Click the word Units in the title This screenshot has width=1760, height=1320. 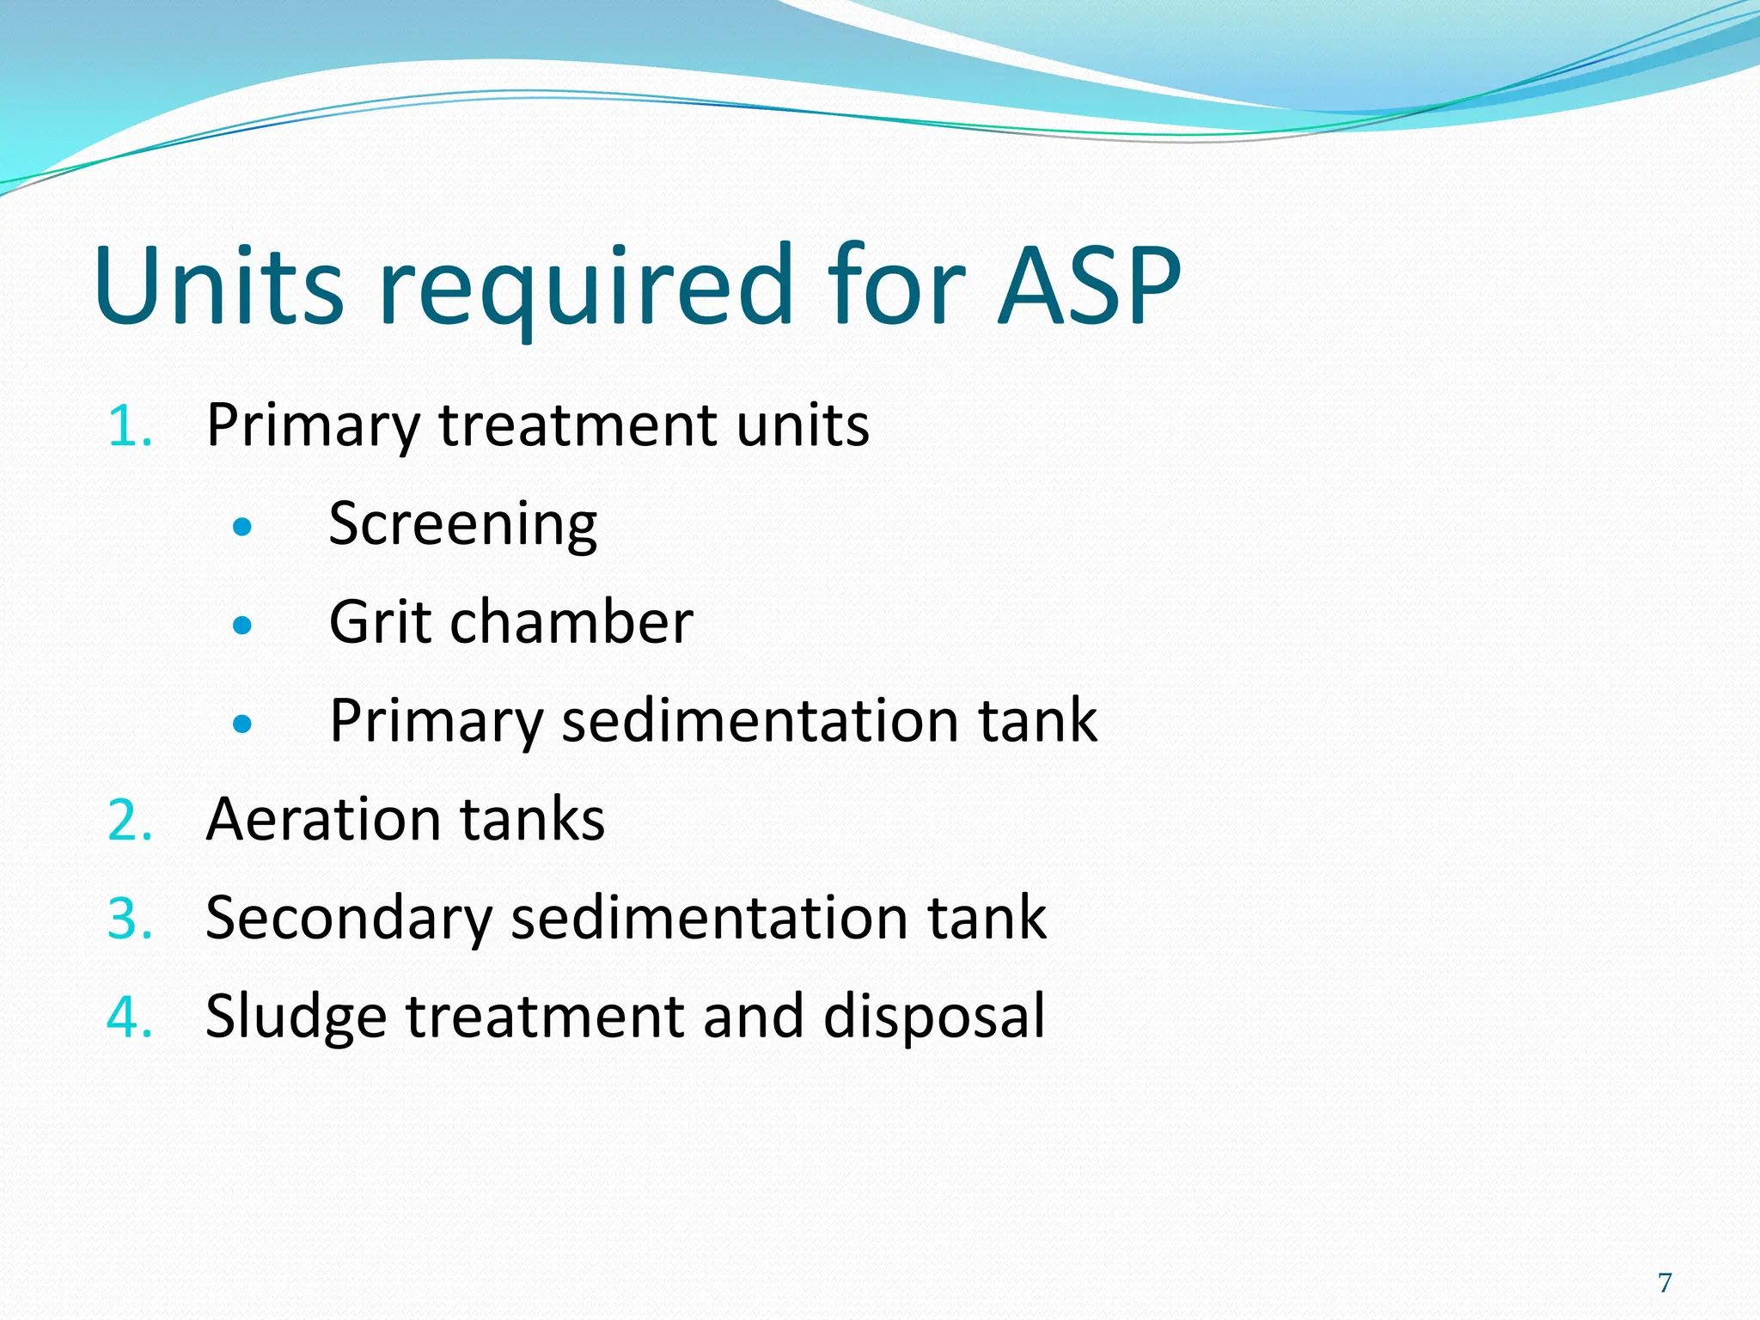[219, 285]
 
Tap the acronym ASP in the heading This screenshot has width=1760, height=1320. [1089, 285]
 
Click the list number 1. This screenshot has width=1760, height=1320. [130, 425]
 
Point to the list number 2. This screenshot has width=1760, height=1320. [130, 820]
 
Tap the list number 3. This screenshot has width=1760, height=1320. [130, 918]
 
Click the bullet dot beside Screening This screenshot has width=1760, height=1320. [242, 526]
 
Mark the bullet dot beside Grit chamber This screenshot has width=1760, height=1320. [242, 625]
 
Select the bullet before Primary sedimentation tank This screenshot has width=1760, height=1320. [242, 724]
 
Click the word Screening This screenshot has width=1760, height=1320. [462, 524]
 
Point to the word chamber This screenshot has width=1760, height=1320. [571, 622]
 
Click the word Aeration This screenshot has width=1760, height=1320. [322, 819]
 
